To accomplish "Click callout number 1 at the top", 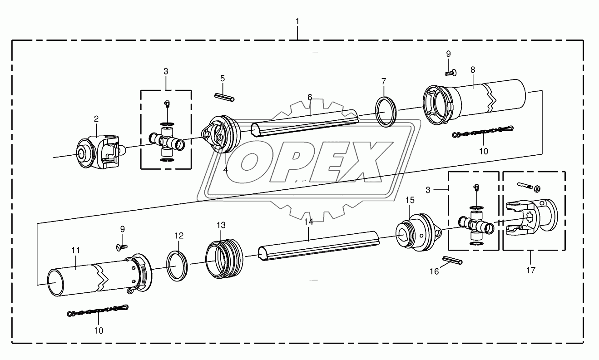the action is pos(297,21).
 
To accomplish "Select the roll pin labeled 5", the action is pos(224,97).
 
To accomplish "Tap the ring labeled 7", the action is pos(386,112).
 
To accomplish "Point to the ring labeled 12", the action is pos(177,266).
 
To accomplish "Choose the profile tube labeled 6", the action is pos(305,123).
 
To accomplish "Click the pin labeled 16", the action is pos(452,260).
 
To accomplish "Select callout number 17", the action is pos(531,271).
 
